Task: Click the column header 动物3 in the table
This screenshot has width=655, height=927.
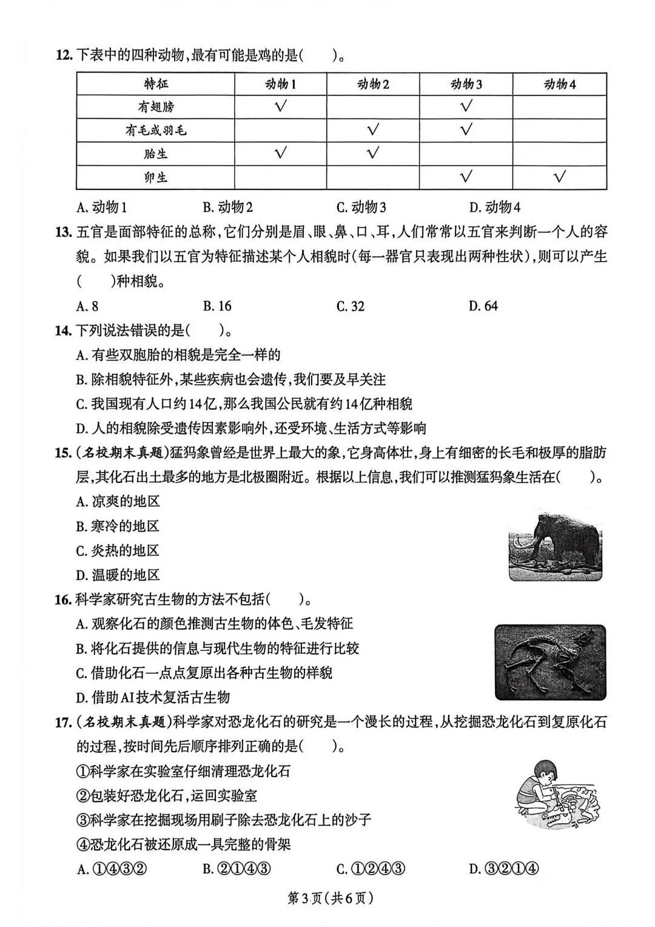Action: click(466, 84)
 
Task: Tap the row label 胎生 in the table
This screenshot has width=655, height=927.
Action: click(156, 153)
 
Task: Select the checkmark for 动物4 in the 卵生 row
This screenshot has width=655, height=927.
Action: click(560, 177)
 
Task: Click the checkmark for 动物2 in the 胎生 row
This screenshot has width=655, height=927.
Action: click(373, 153)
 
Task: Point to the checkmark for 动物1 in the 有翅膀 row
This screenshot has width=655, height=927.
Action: click(280, 106)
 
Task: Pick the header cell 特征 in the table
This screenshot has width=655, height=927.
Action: click(156, 84)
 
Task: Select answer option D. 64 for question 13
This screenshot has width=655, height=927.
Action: click(483, 306)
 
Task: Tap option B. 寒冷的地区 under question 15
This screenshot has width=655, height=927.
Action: click(118, 526)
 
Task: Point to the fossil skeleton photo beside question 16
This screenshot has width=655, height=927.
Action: click(550, 662)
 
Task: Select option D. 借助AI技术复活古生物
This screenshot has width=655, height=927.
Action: click(153, 697)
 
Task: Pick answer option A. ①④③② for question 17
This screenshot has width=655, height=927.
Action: click(112, 869)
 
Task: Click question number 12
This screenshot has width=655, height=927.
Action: click(63, 56)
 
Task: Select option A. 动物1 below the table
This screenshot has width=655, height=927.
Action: click(101, 207)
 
